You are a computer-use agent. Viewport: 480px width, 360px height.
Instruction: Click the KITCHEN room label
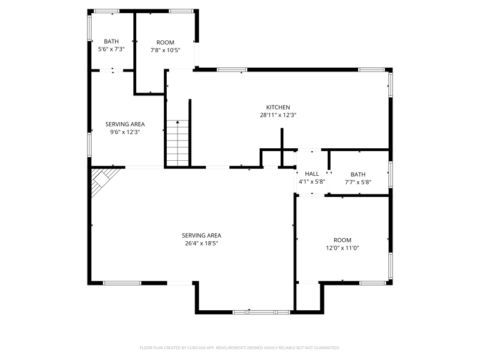[x=278, y=107]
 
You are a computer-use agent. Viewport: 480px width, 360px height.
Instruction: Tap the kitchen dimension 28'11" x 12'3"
[x=278, y=115]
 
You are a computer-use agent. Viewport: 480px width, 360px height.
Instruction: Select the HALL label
[x=311, y=173]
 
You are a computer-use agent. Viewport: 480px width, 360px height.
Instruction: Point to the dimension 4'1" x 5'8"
[x=311, y=182]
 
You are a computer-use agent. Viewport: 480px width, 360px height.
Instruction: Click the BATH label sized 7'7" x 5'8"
[x=358, y=174]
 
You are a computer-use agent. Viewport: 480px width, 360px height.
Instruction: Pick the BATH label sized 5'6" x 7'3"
[x=111, y=41]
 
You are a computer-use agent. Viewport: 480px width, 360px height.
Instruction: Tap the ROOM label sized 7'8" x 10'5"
[x=166, y=43]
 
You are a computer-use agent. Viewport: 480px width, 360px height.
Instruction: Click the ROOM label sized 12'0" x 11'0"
[x=342, y=240]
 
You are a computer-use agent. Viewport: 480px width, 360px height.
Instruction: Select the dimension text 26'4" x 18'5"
[x=202, y=244]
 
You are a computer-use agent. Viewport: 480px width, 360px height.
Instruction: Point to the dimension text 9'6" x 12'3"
[x=125, y=132]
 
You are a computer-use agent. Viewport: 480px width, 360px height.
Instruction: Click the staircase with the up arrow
[x=178, y=143]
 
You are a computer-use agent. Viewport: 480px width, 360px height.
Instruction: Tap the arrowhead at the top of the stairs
[x=178, y=122]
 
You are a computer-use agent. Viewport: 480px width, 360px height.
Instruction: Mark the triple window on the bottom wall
[x=261, y=312]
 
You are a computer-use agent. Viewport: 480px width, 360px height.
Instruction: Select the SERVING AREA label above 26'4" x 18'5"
[x=202, y=235]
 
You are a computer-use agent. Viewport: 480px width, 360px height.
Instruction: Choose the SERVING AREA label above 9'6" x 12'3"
[x=125, y=124]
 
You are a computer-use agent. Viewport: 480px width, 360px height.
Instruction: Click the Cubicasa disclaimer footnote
[x=239, y=348]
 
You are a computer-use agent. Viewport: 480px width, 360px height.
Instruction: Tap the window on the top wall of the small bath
[x=106, y=11]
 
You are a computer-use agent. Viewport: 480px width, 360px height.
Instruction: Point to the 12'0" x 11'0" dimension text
[x=342, y=248]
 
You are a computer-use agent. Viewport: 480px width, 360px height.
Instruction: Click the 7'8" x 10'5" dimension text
[x=166, y=50]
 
